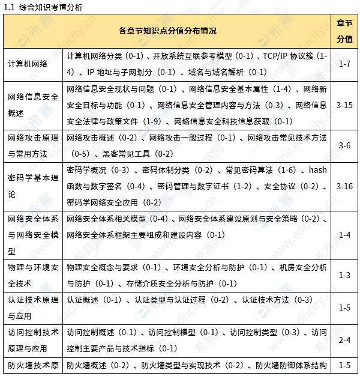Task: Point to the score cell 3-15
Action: pos(344,105)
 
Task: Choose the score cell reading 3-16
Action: pos(344,186)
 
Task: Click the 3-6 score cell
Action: pos(344,145)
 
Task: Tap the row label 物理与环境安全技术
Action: pos(33,274)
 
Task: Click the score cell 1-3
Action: pos(344,274)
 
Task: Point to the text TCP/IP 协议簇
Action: pos(288,56)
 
